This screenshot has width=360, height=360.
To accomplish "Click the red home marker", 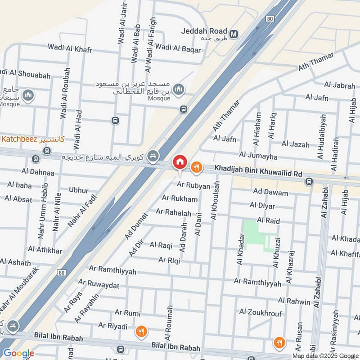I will coord(180,162).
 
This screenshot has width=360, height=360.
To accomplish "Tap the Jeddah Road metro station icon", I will coord(234,34).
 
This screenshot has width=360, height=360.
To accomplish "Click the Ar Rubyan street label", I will coord(193,185).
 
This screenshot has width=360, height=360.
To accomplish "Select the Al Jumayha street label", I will coord(258,155).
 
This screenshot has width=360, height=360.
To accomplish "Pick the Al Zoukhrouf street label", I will coord(261,312).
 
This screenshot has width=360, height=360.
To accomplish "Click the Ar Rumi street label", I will coord(127,313).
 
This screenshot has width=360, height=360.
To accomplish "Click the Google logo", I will coord(18,353).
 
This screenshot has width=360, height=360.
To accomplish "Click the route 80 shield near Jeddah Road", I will coord(270,19).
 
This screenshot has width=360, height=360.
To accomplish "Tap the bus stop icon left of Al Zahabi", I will coord(309,182).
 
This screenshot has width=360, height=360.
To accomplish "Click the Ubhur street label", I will coord(79,190).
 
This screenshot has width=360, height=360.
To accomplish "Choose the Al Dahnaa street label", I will coord(38,172).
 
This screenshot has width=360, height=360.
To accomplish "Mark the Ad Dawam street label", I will coord(270,192).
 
